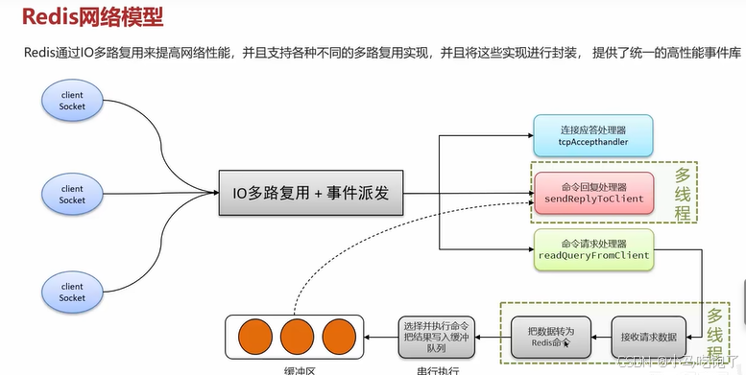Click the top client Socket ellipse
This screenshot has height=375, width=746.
click(72, 101)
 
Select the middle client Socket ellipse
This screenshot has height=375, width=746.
click(72, 195)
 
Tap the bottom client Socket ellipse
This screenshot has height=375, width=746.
click(72, 293)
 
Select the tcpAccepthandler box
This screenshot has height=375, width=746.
click(592, 135)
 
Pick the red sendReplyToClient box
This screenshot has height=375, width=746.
click(592, 194)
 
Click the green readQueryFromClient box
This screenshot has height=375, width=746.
click(592, 249)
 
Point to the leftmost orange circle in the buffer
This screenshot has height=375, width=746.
click(254, 336)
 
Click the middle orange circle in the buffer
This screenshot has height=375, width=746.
click(297, 336)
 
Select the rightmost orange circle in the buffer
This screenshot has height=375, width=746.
click(339, 336)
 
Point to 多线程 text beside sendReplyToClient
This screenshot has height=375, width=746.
click(683, 195)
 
